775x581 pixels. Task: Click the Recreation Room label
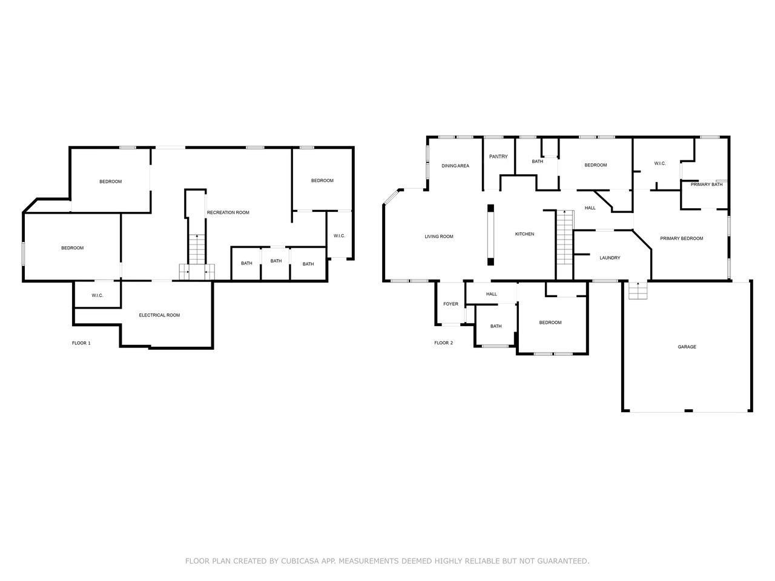pos(228,212)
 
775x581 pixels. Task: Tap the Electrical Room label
pos(159,315)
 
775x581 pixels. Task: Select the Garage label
pos(687,347)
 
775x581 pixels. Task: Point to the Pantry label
pos(498,156)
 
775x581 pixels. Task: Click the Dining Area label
pos(455,165)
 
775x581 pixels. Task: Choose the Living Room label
pos(439,237)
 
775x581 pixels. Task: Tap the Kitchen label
pos(524,234)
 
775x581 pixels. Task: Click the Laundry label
pos(610,258)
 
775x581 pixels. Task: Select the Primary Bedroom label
pos(681,238)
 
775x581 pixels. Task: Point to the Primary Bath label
pos(707,184)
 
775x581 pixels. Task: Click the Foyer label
pos(450,304)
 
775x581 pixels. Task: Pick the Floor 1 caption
pos(81,343)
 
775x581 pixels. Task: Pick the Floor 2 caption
pos(443,343)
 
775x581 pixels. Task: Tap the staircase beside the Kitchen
pos(564,237)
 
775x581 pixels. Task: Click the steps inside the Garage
pos(638,290)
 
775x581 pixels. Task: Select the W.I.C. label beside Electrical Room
pos(97,295)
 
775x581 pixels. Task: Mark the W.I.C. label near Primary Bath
pos(660,163)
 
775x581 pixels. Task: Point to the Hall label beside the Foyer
pos(492,294)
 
